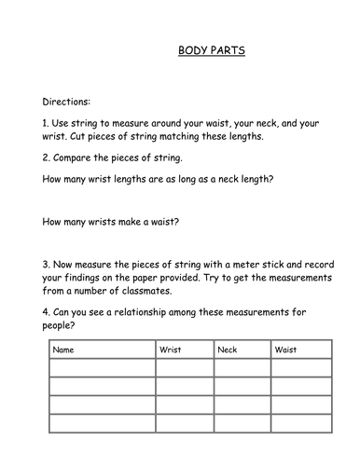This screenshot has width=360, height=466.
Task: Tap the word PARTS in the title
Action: (228, 52)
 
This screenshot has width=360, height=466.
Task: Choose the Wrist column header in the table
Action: (172, 351)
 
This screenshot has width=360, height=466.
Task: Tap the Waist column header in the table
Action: (285, 351)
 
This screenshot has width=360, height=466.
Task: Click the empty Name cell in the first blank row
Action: (102, 369)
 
